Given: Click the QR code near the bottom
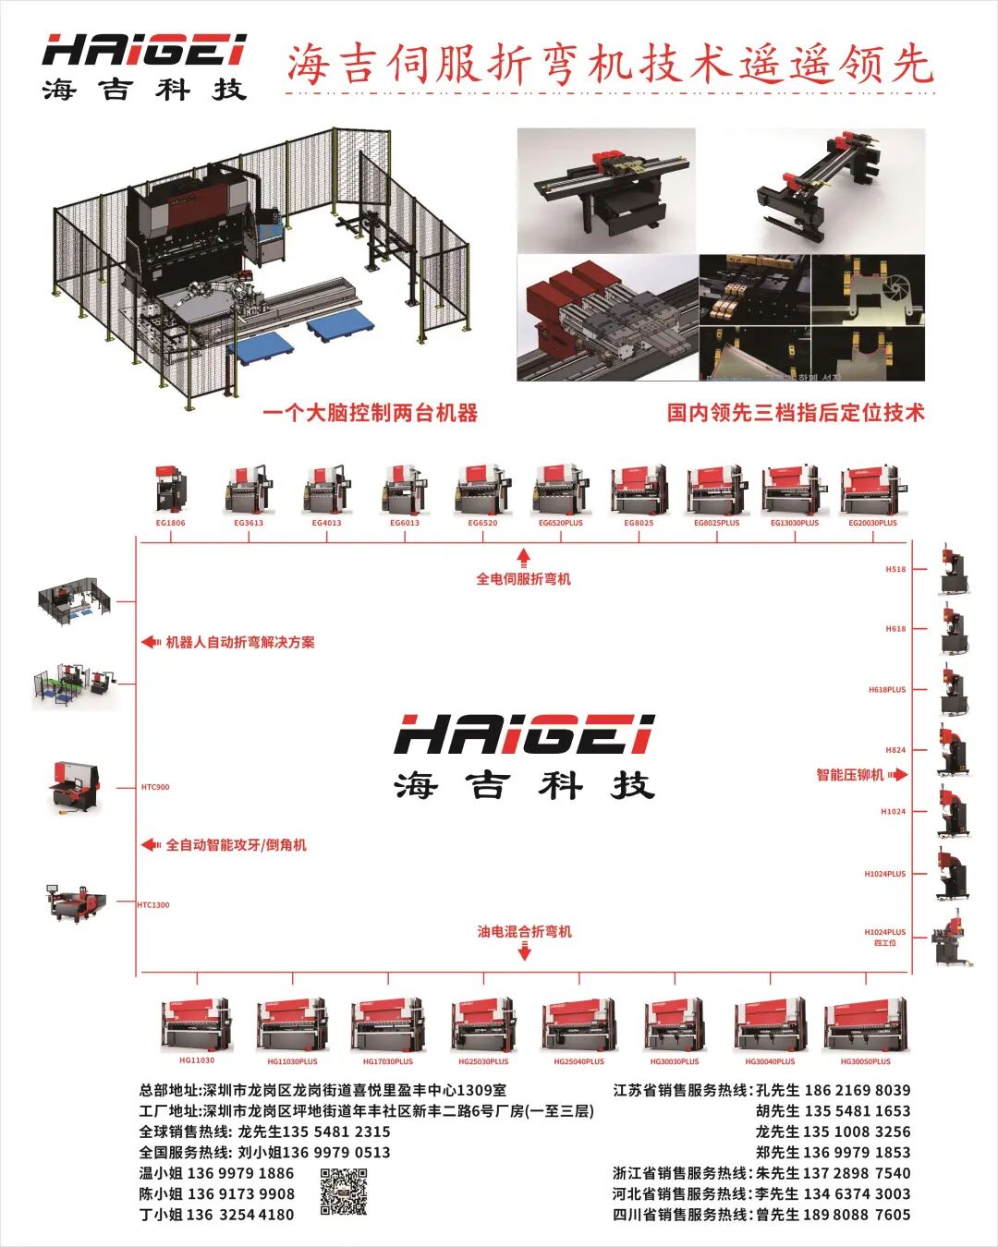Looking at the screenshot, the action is (343, 1192).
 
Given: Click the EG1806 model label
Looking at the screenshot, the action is (170, 523).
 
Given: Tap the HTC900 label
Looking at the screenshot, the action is (155, 787).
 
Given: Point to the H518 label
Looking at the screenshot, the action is (895, 569).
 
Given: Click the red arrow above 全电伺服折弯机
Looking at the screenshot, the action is (523, 556).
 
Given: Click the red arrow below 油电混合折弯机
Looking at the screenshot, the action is (524, 951).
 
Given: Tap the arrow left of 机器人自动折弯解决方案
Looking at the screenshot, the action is (150, 642).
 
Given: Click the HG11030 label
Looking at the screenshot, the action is (197, 1060).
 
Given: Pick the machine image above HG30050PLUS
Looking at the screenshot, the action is (865, 1023).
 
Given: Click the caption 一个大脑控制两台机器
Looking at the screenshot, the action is (370, 413).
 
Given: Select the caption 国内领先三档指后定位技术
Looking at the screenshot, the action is (796, 413).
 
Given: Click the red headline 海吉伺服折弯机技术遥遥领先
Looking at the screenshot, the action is (610, 65).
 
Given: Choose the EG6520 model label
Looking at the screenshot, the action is (482, 523).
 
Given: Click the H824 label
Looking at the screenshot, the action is (895, 750).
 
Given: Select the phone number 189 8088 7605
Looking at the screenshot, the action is (858, 1215).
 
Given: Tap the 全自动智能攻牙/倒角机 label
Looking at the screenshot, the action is (236, 845).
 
